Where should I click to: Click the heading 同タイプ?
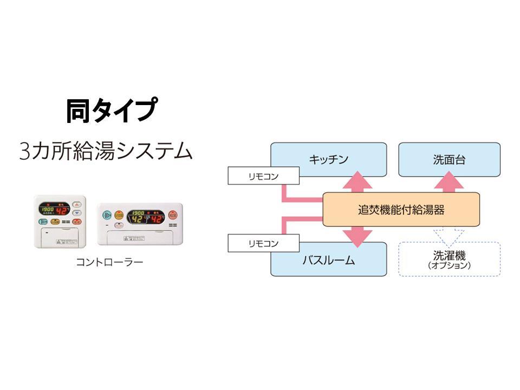click(111, 110)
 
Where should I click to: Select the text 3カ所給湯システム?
click(106, 150)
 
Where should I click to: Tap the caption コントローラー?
click(109, 263)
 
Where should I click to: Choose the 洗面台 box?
click(449, 159)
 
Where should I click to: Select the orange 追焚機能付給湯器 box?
click(401, 209)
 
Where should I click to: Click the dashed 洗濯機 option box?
click(449, 259)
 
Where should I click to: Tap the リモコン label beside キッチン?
click(264, 175)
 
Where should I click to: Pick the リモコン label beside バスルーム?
click(264, 243)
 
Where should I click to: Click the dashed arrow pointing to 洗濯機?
click(449, 234)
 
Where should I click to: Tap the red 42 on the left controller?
click(61, 211)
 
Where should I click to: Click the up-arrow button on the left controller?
click(77, 205)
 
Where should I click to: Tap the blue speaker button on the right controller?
click(106, 214)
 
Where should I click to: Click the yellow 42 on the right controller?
click(139, 219)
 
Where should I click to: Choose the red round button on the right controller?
click(173, 215)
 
